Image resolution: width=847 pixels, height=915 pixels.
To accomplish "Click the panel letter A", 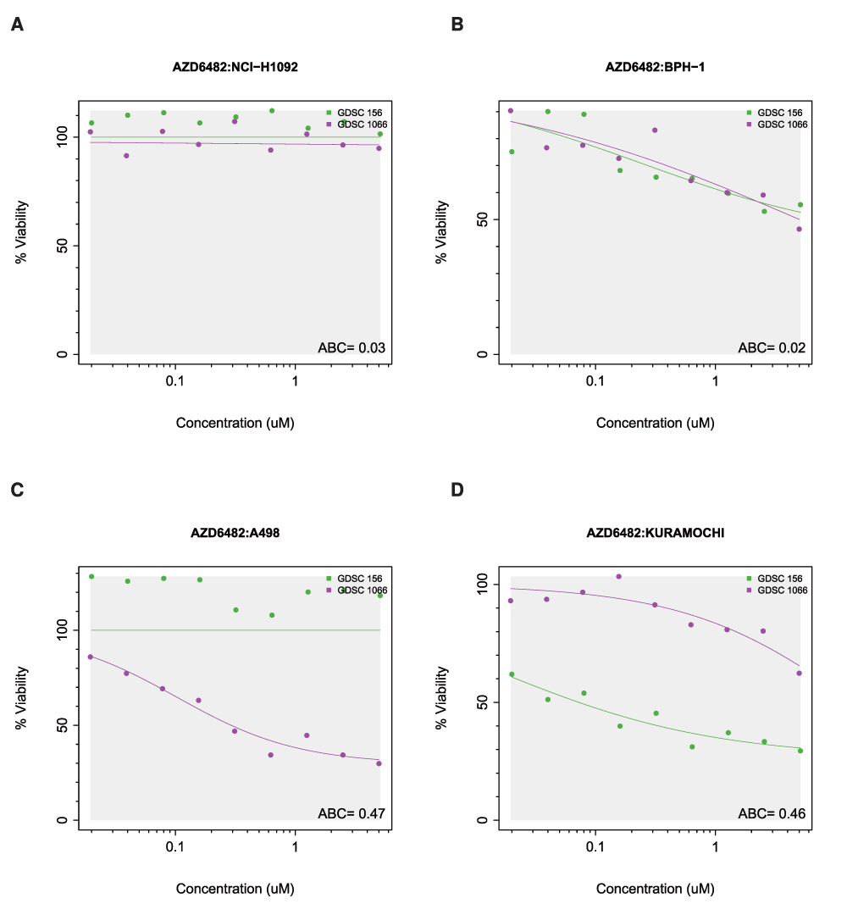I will pos(17,25).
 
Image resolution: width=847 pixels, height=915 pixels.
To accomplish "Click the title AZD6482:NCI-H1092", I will pos(235,67).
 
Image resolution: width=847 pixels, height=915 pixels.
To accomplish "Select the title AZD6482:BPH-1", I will pos(655,67).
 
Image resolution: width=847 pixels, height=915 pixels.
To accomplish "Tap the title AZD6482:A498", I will pos(235,533).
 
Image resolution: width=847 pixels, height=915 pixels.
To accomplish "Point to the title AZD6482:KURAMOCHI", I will pos(655,533).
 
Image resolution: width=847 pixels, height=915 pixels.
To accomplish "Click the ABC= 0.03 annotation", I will pos(352,347).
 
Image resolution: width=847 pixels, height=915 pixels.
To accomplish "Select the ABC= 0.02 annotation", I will pos(772,347).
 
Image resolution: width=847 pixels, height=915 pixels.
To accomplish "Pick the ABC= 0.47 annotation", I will pos(352,813).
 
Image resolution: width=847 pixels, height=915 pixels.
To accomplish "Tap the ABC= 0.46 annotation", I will pos(772,813).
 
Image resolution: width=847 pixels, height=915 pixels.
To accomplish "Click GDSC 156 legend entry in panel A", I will pos(356,112).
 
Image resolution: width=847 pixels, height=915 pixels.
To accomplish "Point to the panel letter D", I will pos(457,491).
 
